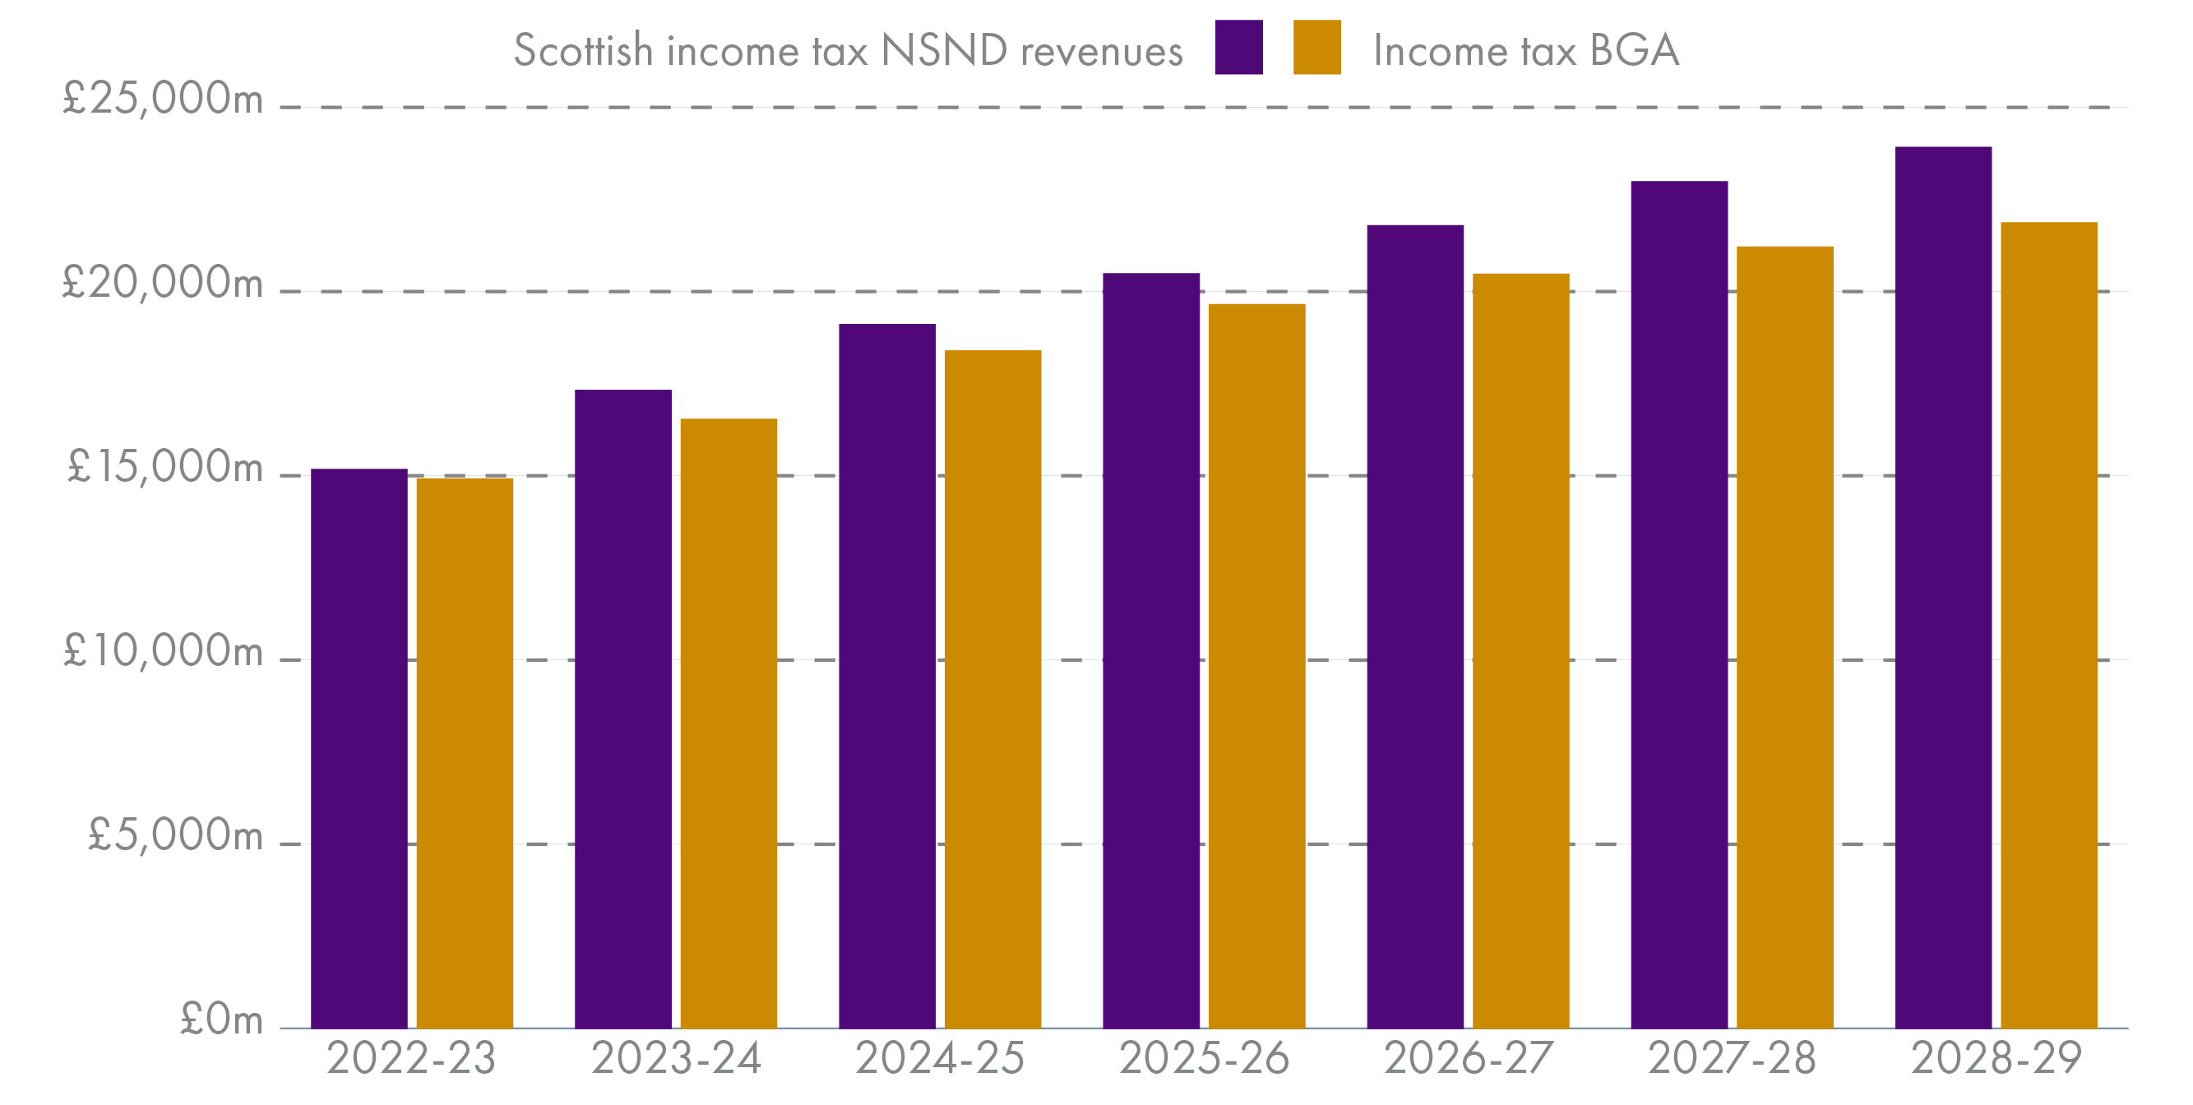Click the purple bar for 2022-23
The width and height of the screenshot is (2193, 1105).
pos(359,749)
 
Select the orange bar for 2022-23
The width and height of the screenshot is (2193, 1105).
pos(464,753)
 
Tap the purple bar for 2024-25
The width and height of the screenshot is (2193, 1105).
pos(886,677)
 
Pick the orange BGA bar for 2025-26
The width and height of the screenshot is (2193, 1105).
pos(1256,667)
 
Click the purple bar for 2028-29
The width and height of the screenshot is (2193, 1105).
pos(1943,587)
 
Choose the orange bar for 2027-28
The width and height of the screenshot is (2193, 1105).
pos(1784,638)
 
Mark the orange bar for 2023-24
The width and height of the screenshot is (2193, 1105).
pos(728,724)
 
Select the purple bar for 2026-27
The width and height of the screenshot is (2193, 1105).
pos(1415,627)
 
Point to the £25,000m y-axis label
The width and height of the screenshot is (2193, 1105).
pos(162,98)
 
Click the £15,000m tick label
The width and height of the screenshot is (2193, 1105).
pos(164,466)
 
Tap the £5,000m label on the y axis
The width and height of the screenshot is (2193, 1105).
pos(174,835)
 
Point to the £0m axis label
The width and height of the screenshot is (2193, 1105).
pos(221,1019)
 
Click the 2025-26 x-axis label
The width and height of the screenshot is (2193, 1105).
pos(1204,1058)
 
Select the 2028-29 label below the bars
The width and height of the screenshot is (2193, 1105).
pos(1996,1058)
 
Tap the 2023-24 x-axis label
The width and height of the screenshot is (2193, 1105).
pos(675,1058)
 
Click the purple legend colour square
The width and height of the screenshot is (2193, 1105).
pos(1238,48)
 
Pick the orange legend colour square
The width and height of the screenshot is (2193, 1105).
pos(1316,48)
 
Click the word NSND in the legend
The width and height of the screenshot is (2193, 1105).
pos(943,50)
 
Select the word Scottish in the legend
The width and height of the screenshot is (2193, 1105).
pos(583,50)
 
